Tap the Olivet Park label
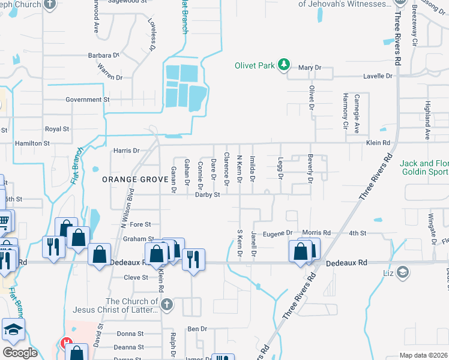coord(258,64)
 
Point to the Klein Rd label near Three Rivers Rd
coord(378,143)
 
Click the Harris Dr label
coord(127,151)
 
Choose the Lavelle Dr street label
coord(377,76)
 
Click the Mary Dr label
coord(310,68)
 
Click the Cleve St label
coord(136,278)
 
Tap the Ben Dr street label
coord(197,329)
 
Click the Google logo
coord(20,352)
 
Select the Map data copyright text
coord(424,355)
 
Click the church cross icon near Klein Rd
coord(167,305)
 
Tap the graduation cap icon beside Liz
coord(403,274)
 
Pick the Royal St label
coord(58,129)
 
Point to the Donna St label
coord(130,334)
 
